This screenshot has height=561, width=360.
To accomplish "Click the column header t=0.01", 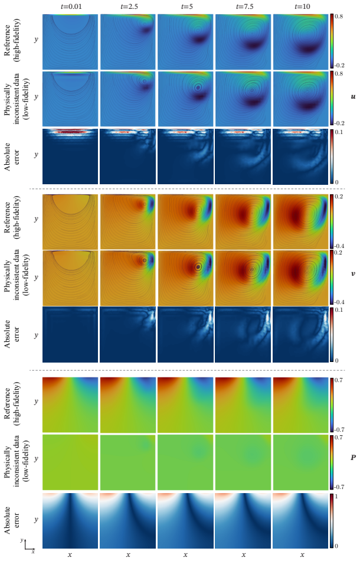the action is (70, 7).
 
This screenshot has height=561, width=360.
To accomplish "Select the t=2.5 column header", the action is (128, 7).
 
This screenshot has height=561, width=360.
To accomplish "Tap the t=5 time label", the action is (185, 7).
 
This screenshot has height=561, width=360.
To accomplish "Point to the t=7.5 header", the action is (244, 7).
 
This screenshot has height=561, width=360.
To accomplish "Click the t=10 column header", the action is (302, 7).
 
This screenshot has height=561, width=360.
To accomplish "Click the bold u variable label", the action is (353, 97).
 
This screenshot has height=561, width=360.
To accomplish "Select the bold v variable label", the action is (353, 273).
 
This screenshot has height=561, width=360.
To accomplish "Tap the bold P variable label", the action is (353, 457).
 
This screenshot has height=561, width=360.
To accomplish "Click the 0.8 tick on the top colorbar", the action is (339, 17).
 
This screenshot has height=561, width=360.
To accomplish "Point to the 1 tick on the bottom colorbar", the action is (336, 497).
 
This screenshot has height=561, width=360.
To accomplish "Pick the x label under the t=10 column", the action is (302, 555).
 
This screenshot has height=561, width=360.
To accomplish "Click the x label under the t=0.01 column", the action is (70, 555).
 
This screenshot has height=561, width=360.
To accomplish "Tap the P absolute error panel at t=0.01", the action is (70, 521).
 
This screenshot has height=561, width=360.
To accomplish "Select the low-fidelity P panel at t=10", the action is (300, 462).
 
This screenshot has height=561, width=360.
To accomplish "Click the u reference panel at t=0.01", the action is (70, 42).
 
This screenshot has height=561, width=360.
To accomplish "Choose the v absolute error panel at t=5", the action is (185, 334).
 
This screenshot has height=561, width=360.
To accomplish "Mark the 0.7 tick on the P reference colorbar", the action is (339, 380).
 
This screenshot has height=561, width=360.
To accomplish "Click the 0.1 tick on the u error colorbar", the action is (339, 132).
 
